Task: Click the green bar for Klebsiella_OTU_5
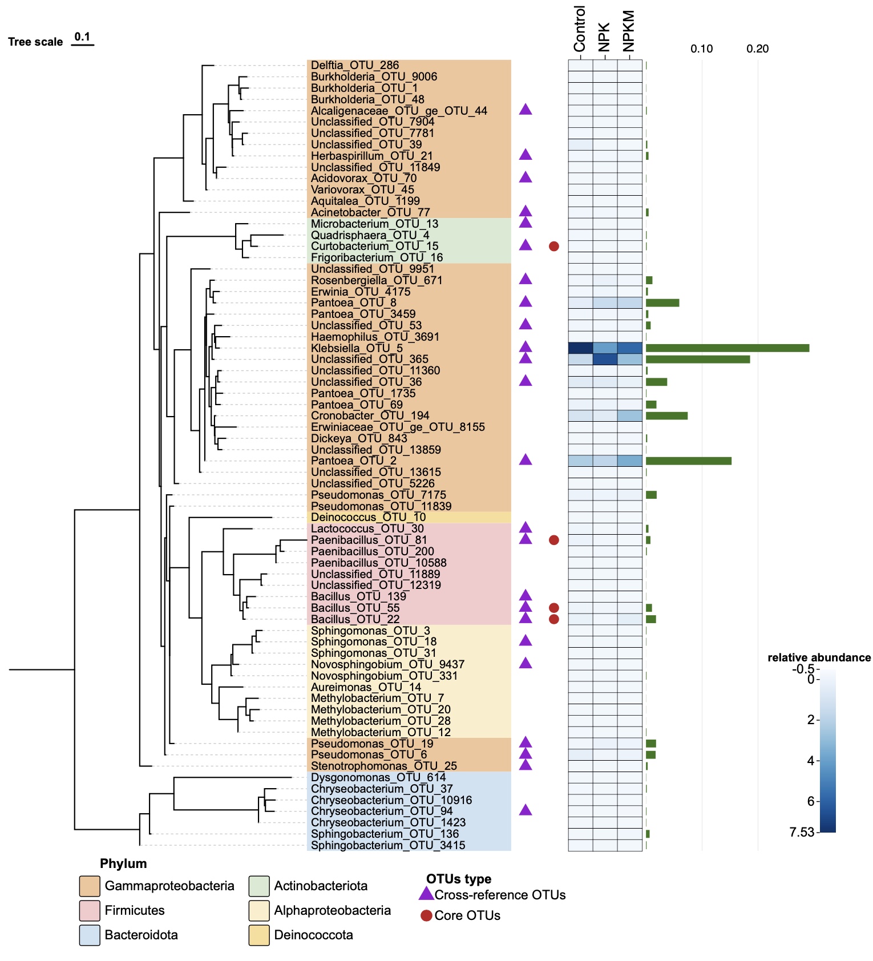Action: (727, 348)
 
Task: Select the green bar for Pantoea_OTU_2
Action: (688, 461)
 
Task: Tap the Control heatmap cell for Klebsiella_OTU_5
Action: (580, 348)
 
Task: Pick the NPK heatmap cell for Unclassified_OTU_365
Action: (605, 360)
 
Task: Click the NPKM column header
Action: (629, 31)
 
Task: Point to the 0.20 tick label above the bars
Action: (757, 49)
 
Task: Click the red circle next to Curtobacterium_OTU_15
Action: (553, 247)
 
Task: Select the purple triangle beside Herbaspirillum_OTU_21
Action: (526, 155)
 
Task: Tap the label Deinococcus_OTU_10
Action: (368, 518)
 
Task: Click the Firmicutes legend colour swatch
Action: (90, 911)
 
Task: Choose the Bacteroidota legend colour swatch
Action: (90, 935)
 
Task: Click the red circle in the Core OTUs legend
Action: (426, 916)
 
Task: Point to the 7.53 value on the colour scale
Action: (801, 833)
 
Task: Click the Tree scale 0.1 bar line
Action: (82, 45)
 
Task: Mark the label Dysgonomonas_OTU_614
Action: (378, 777)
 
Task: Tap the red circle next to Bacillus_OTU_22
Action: (553, 619)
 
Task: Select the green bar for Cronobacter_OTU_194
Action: (666, 416)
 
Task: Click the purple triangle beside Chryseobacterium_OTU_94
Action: (526, 810)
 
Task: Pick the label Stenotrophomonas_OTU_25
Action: (383, 766)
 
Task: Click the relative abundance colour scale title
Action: (819, 657)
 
